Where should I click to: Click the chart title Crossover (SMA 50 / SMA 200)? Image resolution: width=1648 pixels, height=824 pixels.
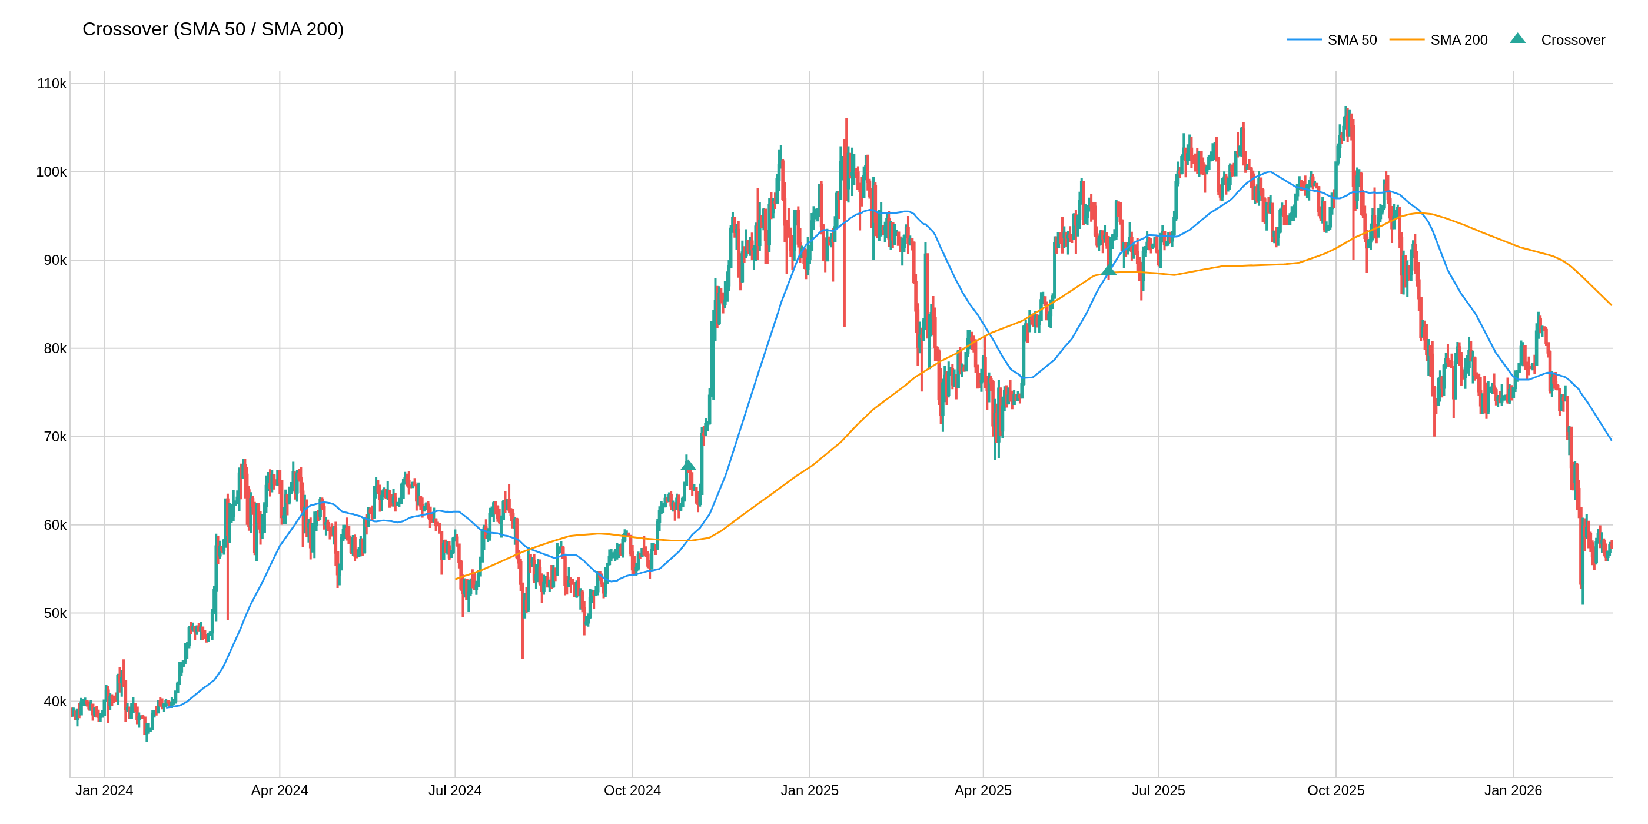click(213, 29)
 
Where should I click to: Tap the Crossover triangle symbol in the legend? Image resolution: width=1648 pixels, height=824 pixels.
click(1517, 38)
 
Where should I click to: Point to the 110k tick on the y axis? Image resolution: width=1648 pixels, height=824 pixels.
click(52, 84)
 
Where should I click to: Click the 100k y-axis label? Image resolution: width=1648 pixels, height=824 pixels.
click(51, 172)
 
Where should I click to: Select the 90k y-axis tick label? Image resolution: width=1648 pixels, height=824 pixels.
click(54, 260)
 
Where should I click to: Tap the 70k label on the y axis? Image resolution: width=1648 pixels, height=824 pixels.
click(54, 437)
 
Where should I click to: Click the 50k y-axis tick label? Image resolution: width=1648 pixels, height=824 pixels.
click(54, 613)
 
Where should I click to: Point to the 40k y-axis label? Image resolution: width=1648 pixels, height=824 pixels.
click(54, 702)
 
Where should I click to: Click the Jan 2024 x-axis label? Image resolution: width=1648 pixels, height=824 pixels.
click(104, 790)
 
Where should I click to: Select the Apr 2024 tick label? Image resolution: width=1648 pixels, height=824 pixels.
click(280, 790)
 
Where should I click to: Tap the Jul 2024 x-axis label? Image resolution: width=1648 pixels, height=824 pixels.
click(455, 790)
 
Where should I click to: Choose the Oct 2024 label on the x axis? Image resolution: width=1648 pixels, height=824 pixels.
click(632, 790)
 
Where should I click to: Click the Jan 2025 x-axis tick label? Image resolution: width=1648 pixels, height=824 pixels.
click(809, 790)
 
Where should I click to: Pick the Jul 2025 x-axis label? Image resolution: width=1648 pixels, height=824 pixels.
click(1158, 790)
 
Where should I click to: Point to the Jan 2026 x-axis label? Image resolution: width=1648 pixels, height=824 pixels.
click(1513, 790)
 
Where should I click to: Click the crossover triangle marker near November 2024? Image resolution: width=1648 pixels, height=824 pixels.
click(689, 465)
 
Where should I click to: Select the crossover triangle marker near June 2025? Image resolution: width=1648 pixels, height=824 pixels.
click(1109, 270)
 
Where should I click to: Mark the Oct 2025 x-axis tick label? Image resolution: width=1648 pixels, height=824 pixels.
click(1336, 790)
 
